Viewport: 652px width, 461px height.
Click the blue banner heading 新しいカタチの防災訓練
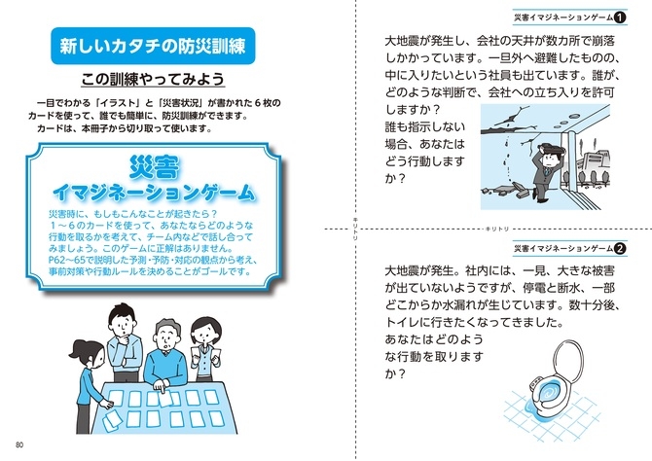point(153,46)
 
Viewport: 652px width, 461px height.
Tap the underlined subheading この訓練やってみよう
point(153,79)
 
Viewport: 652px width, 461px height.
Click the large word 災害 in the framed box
point(154,167)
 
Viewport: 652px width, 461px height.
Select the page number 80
point(19,444)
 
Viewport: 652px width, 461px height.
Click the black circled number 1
point(620,18)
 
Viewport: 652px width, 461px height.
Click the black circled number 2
point(620,249)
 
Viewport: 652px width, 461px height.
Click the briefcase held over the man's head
point(551,147)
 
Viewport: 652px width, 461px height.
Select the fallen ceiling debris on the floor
point(505,191)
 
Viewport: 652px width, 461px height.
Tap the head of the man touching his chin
point(123,319)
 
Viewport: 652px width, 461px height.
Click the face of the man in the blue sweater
point(166,337)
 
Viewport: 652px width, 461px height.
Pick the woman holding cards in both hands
point(205,349)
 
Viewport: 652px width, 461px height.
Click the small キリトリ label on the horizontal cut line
point(497,230)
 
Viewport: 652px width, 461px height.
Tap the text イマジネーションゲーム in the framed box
point(154,193)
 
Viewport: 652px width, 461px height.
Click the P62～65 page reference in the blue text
point(67,261)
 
